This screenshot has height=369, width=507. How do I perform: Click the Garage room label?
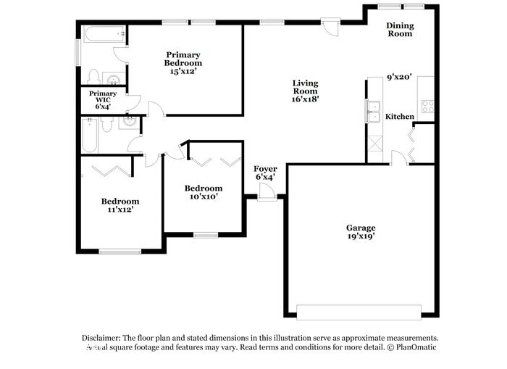tap(360, 228)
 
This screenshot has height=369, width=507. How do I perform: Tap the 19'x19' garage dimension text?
tap(360, 236)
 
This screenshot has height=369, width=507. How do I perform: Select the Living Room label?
tap(305, 86)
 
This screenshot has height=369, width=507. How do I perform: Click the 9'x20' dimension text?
tap(399, 77)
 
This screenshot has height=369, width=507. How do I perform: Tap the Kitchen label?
tap(400, 117)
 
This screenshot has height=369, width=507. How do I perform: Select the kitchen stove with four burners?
tap(427, 107)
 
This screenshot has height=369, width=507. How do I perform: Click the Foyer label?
tap(265, 169)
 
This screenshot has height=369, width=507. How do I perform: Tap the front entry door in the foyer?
tap(267, 192)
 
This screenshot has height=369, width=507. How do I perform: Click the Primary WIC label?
tap(103, 99)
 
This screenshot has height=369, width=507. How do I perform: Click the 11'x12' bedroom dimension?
tap(120, 210)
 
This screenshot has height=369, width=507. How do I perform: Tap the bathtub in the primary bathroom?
tap(102, 33)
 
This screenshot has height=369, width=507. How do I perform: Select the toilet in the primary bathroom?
tap(93, 76)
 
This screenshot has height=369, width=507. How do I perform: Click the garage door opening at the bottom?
tap(358, 312)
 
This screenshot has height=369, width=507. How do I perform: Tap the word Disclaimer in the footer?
tap(101, 338)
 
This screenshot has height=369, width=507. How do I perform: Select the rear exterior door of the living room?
tap(330, 26)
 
